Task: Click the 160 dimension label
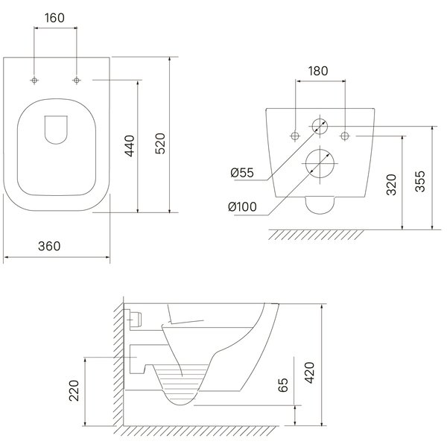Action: click(x=54, y=18)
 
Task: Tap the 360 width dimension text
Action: click(x=49, y=247)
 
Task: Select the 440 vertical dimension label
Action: click(x=130, y=146)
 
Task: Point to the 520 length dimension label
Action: click(x=160, y=144)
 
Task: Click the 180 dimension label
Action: click(x=318, y=71)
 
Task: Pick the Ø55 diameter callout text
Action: click(x=242, y=173)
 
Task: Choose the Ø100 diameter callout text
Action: click(x=243, y=206)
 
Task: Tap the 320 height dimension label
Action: click(x=392, y=185)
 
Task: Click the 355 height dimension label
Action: click(x=420, y=181)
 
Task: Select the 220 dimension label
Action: click(x=74, y=390)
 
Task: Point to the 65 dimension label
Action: click(x=283, y=385)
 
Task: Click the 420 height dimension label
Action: click(x=310, y=373)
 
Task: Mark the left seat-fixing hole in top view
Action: click(x=34, y=80)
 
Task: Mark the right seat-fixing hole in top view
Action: click(x=77, y=80)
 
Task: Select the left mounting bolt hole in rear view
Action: click(x=295, y=136)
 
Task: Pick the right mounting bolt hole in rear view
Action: click(x=345, y=136)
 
